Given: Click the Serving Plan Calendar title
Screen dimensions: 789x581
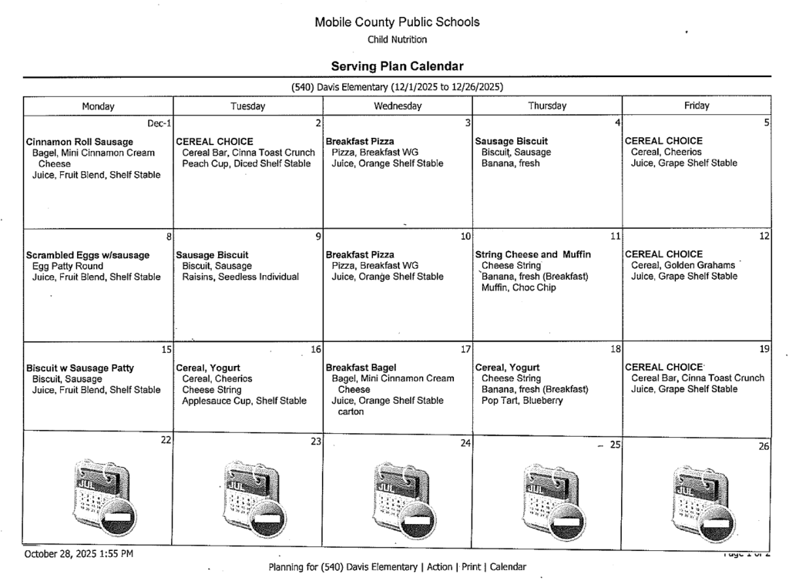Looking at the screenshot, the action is coord(397,66).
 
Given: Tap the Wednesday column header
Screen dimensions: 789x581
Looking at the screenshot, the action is coord(398,106).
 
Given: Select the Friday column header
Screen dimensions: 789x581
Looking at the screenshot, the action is coord(696,106).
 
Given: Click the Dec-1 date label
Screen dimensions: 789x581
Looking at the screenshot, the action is coord(159,123).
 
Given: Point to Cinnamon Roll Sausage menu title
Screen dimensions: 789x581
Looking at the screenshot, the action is coord(79,142).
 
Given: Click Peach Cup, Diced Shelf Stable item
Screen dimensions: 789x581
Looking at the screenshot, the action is coord(246,163).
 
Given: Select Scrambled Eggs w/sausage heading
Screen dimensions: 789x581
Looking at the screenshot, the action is coord(88,255).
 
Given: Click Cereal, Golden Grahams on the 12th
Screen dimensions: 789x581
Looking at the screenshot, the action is coord(683,266).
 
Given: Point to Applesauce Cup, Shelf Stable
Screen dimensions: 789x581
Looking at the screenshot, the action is coord(244,401).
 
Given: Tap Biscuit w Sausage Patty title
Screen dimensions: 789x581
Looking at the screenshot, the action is coord(80,368).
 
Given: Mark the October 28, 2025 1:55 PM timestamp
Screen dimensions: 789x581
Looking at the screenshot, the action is coord(79,553).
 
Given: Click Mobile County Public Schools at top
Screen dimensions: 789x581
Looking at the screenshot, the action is coord(397,22).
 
